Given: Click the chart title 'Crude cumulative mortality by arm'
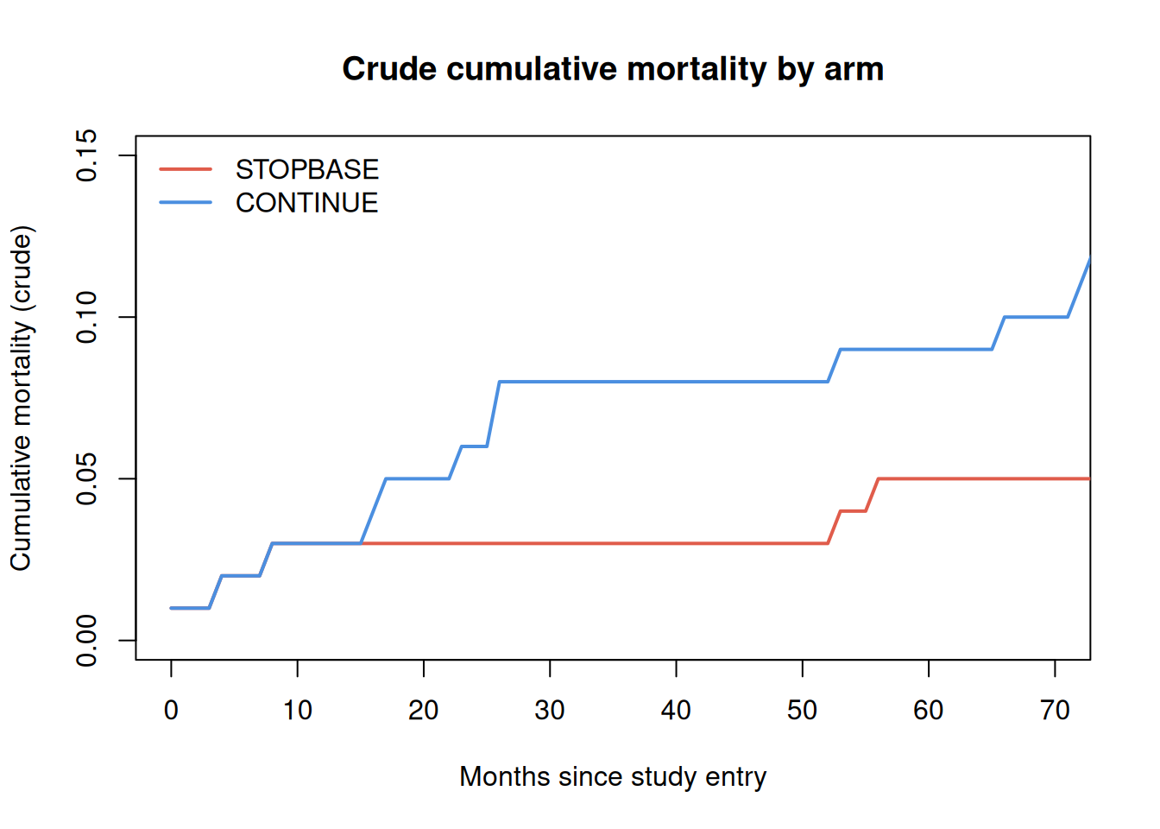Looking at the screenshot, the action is pyautogui.click(x=613, y=69).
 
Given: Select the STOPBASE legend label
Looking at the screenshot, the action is pyautogui.click(x=307, y=169).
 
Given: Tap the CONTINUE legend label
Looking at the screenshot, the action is pyautogui.click(x=307, y=203).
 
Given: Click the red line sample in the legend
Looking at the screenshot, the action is pyautogui.click(x=186, y=169).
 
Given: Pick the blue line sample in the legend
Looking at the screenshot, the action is pyautogui.click(x=186, y=203).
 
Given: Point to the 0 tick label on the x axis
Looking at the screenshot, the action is pyautogui.click(x=171, y=711).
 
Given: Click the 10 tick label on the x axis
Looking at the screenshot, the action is pyautogui.click(x=297, y=711).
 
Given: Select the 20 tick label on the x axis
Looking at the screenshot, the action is pyautogui.click(x=424, y=711).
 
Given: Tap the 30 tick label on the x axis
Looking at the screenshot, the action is pyautogui.click(x=550, y=711).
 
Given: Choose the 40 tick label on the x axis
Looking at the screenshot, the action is pyautogui.click(x=676, y=711).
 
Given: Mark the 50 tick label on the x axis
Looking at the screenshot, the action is pyautogui.click(x=802, y=711).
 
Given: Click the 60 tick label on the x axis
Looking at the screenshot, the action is pyautogui.click(x=929, y=711).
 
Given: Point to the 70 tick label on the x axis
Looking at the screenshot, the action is pyautogui.click(x=1055, y=711).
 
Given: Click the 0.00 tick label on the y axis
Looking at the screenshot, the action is pyautogui.click(x=86, y=641).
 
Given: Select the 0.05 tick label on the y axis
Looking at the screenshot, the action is pyautogui.click(x=86, y=478).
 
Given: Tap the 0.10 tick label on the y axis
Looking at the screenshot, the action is pyautogui.click(x=86, y=317).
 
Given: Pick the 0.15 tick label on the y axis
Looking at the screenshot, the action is pyautogui.click(x=86, y=155).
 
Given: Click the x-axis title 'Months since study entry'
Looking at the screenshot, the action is pyautogui.click(x=613, y=777).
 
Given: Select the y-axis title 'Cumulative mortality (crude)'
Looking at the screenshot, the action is pyautogui.click(x=22, y=398).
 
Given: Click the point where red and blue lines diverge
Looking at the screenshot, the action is pyautogui.click(x=361, y=543).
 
